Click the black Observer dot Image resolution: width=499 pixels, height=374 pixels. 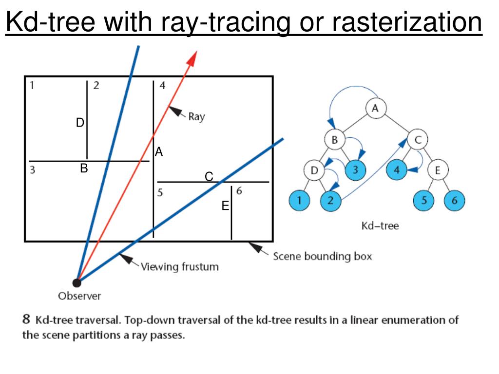tap(77, 282)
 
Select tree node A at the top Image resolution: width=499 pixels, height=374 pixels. tap(375, 109)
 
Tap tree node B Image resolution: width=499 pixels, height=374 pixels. tap(334, 139)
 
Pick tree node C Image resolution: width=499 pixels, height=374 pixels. tap(417, 140)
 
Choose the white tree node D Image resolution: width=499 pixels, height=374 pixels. tap(314, 170)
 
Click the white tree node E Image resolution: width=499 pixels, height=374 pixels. tap(437, 170)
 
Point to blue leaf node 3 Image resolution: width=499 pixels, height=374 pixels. tap(355, 170)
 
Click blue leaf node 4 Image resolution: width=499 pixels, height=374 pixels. tap(396, 170)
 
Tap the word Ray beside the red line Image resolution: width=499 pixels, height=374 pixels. tap(196, 117)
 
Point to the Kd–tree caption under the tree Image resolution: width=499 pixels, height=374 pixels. tap(380, 226)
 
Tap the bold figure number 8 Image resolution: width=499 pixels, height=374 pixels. tap(27, 320)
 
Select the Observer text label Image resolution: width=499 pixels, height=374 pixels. tap(79, 296)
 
